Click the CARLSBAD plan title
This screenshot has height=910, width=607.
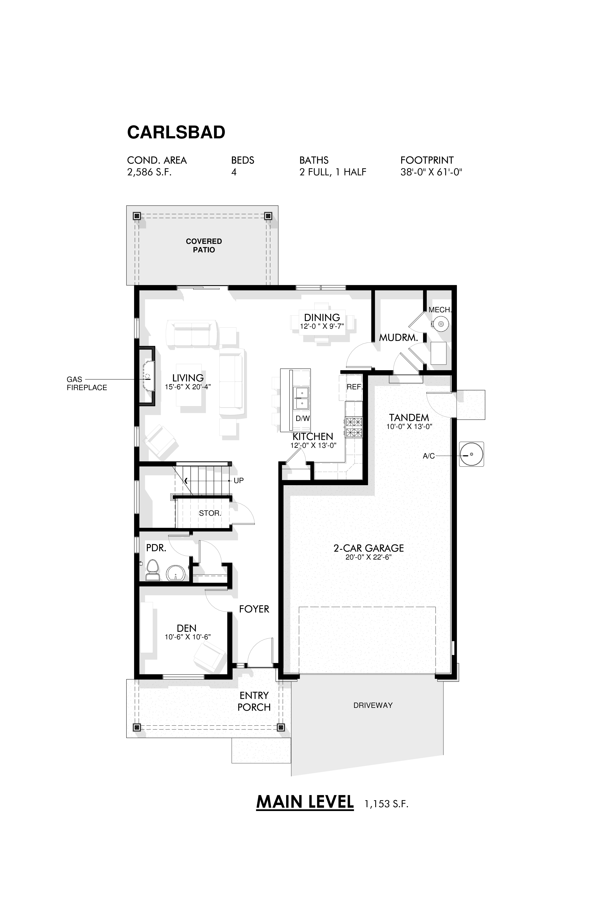[x=176, y=132]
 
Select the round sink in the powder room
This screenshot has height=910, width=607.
[x=176, y=573]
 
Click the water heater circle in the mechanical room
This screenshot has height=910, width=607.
[x=440, y=323]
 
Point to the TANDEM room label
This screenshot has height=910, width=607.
[x=409, y=418]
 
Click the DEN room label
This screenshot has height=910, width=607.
[x=187, y=628]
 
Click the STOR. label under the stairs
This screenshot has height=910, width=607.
[x=210, y=513]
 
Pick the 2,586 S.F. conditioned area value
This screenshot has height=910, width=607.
[x=149, y=172]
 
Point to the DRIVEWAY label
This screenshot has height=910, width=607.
[x=373, y=705]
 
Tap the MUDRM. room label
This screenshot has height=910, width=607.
[x=398, y=337]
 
